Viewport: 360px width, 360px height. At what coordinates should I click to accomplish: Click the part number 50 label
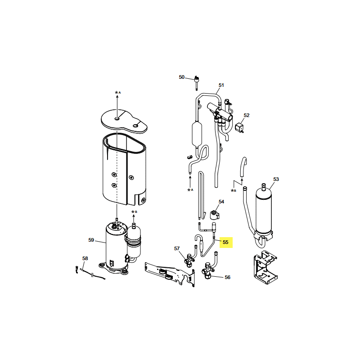pos(182,77)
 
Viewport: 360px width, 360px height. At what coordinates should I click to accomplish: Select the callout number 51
pos(221,85)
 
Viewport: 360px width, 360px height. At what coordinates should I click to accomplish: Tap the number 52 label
pos(246,115)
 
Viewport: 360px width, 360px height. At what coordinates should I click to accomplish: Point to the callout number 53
pos(276,179)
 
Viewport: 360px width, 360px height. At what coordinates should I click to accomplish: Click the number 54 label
pos(221,202)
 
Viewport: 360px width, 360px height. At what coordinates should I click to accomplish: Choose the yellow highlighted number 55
pos(226,242)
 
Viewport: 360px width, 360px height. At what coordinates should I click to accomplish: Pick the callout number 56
pos(227,277)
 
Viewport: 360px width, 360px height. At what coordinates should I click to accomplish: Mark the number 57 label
pos(177,248)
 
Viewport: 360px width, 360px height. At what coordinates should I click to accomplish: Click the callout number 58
pos(85,258)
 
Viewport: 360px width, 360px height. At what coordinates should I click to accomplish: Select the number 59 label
pos(91,240)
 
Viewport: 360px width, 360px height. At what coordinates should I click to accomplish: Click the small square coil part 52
pos(239,127)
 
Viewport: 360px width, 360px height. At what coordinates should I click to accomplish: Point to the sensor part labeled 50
pos(197,82)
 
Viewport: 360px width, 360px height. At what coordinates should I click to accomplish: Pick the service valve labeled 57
pos(189,260)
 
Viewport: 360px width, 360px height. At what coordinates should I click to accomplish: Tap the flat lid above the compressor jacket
pos(124,121)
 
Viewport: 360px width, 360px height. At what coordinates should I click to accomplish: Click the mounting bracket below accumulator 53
pos(265,268)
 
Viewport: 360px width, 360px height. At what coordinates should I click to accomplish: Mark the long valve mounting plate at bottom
pos(170,274)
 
